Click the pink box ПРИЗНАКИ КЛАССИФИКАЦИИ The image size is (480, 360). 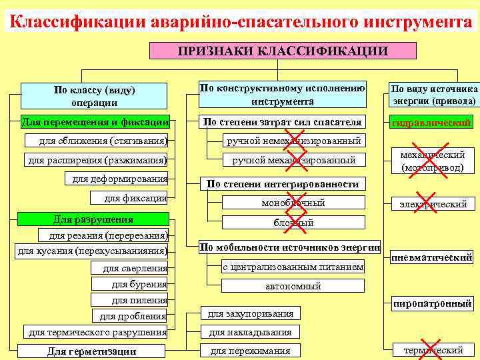[x=283, y=51]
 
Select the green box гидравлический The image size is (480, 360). [x=432, y=123]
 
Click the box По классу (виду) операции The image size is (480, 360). [x=94, y=96]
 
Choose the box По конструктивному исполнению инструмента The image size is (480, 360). [x=283, y=95]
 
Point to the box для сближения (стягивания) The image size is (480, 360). [x=103, y=141]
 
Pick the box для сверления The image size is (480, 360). [x=135, y=268]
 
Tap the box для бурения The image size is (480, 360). [x=139, y=284]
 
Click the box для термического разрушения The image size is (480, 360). [x=97, y=332]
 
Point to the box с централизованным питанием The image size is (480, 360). [x=293, y=267]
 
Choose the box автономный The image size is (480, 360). [x=293, y=286]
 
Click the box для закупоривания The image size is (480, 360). [x=251, y=313]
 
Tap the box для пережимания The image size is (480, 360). [x=251, y=351]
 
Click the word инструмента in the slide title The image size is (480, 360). [x=419, y=21]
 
